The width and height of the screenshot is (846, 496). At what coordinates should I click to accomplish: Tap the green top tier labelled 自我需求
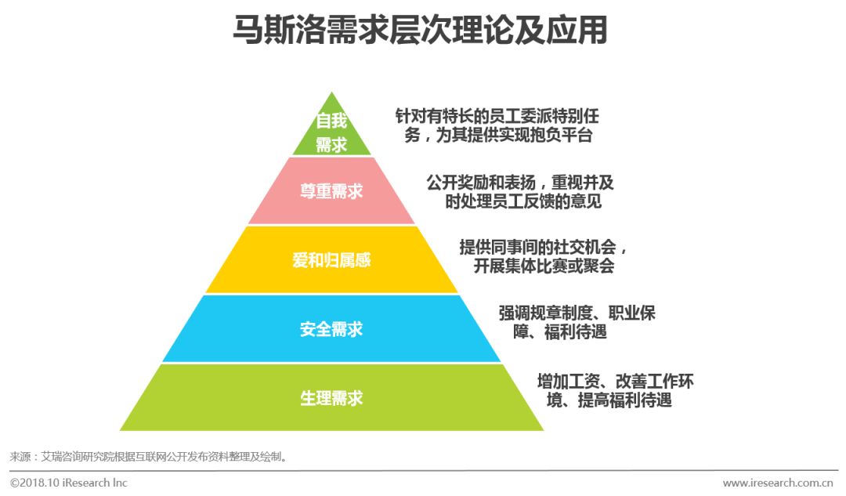tap(331, 132)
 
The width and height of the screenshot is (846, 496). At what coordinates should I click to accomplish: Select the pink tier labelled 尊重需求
tap(331, 191)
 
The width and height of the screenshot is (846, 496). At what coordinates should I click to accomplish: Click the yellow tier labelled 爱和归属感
tap(331, 260)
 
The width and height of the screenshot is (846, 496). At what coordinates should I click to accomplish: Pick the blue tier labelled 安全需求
tap(331, 329)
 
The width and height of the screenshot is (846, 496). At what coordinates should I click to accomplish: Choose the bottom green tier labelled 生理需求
tap(331, 397)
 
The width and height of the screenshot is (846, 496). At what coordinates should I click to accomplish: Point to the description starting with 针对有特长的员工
tap(497, 125)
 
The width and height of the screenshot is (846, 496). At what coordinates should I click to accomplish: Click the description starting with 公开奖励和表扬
tap(520, 192)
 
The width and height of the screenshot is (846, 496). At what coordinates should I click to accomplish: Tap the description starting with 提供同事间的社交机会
tap(544, 256)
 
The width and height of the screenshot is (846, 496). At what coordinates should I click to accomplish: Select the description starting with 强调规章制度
tap(577, 322)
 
